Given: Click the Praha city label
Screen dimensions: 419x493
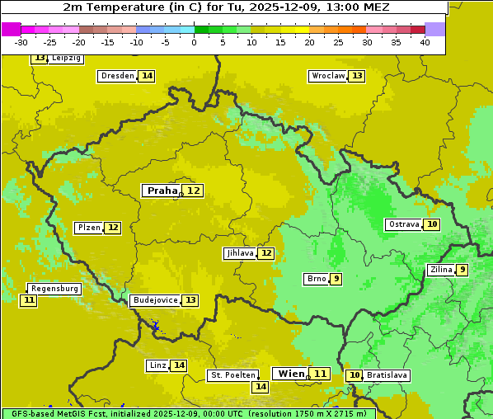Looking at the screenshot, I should pos(162,191).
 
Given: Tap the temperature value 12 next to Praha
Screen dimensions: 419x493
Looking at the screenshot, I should pos(194,191).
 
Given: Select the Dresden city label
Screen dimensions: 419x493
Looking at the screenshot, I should pos(117,76).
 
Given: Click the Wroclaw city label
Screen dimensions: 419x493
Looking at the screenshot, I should pos(327,76).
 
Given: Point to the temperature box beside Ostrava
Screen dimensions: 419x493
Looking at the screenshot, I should pos(432,224).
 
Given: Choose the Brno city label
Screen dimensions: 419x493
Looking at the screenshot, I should pos(316,279).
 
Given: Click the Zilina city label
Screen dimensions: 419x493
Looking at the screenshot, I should pos(441,270).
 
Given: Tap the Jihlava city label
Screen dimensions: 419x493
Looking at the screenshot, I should pos(239,253).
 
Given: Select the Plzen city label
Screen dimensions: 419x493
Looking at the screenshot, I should pos(88,228).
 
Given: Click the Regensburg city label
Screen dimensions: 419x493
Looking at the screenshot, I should pos(54,289).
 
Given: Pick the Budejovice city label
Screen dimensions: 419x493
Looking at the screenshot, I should pos(155,300).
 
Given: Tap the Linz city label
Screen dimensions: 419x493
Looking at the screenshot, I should pos(157,365).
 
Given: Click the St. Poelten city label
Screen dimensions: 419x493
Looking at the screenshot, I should pos(232,375).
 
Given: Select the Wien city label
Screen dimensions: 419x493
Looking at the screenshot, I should pos(291,374).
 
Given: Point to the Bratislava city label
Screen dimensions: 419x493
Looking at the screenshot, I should pos(387,375).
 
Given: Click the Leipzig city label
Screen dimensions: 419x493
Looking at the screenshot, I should pos(66,59).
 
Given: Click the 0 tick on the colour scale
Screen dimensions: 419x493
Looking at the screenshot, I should pos(194,42).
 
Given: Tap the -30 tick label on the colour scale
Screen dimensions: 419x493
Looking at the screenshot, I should pos(21,42).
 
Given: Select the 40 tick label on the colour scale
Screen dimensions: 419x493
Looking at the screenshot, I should pos(425,42).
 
